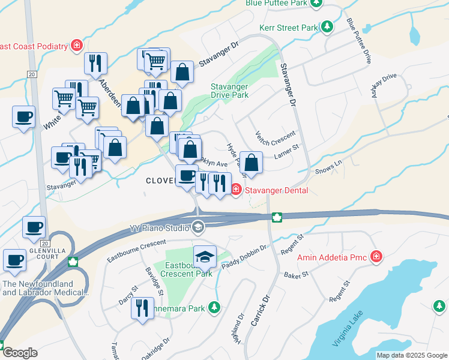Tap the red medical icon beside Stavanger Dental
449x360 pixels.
(236, 190)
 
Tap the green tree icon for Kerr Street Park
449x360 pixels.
(327, 27)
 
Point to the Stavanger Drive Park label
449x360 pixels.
(229, 91)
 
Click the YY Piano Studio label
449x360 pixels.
(158, 227)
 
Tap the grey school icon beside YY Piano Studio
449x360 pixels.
(197, 227)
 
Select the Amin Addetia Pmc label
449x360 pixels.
(334, 257)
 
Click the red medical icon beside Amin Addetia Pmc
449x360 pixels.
(376, 257)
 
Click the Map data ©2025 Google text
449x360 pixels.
(411, 355)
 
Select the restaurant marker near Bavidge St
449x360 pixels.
(142, 309)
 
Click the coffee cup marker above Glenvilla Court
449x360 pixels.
(34, 227)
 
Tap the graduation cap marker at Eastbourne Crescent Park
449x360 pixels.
(205, 256)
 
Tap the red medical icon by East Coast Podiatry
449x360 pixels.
(77, 45)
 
